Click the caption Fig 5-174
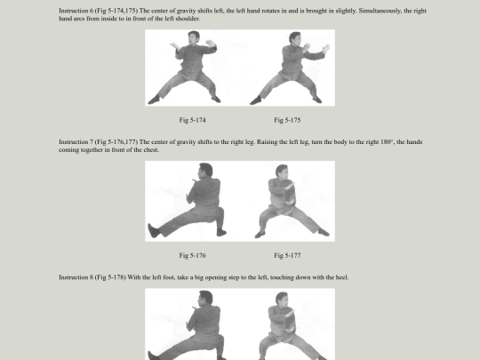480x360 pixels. tap(192, 120)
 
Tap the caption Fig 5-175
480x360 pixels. tap(287, 120)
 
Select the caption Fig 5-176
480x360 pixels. tap(192, 255)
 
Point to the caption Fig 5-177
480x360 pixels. tap(287, 255)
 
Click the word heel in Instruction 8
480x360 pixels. tap(341, 277)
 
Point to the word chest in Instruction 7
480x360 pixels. tap(151, 150)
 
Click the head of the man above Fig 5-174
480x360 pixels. tap(194, 37)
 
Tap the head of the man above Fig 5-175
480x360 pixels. tap(294, 38)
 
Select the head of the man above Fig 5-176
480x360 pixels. tap(205, 171)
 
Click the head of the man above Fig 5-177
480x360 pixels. tap(282, 172)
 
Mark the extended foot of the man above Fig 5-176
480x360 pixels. tap(154, 230)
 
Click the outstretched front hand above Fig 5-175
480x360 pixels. tap(326, 48)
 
